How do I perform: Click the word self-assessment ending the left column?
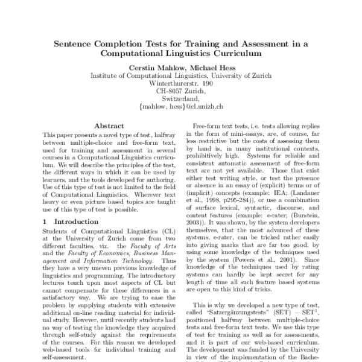(66, 357)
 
